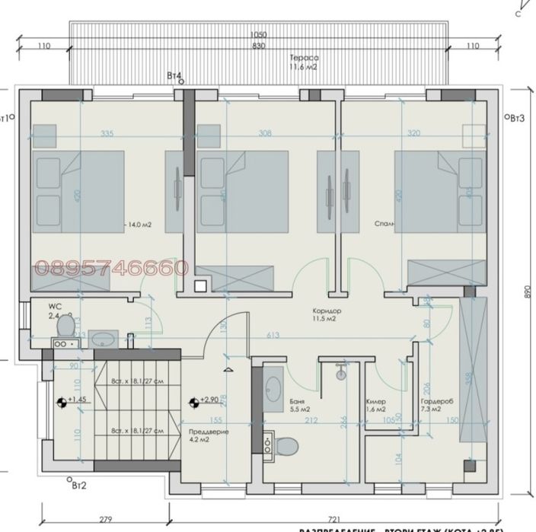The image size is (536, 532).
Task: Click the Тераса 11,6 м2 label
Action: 303,63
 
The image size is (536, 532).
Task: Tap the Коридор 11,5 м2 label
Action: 326,315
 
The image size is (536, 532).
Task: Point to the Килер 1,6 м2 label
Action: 377,406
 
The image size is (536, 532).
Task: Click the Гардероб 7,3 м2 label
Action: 436,406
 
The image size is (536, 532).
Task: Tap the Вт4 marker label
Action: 174,76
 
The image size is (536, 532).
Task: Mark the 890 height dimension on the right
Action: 518,291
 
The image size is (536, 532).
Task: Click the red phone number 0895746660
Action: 112,267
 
